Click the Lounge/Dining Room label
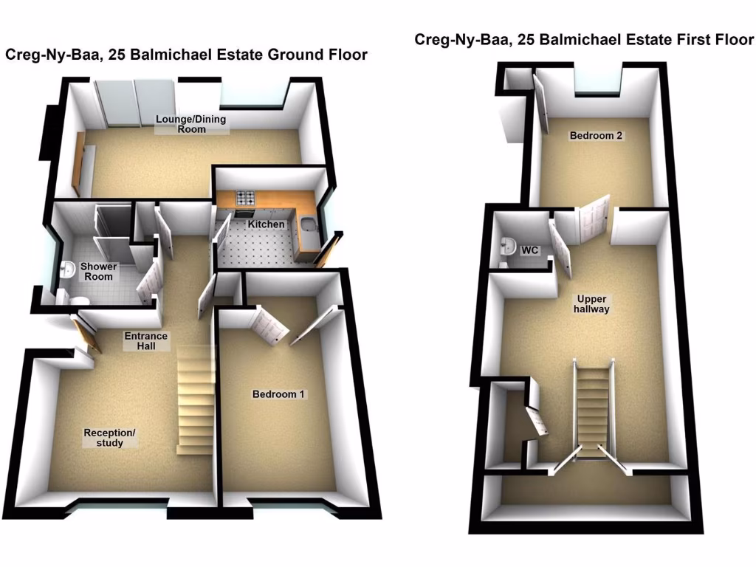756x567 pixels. tap(190, 124)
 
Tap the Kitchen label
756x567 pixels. tap(266, 224)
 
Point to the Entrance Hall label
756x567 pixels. tap(146, 341)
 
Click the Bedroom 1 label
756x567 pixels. tap(278, 394)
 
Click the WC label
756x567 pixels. tap(529, 251)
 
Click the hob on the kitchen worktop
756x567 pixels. tap(245, 198)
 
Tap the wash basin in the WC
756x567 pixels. tap(508, 247)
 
